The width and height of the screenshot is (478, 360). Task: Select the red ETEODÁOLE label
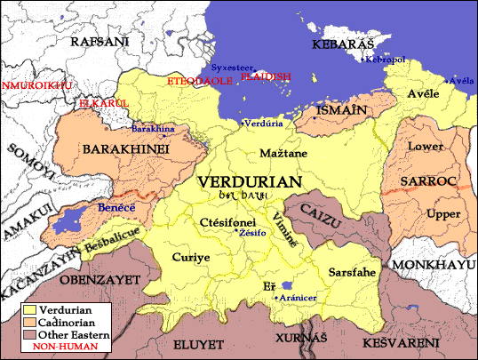pos(200,80)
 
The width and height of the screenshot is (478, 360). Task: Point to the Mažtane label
pos(283,154)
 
